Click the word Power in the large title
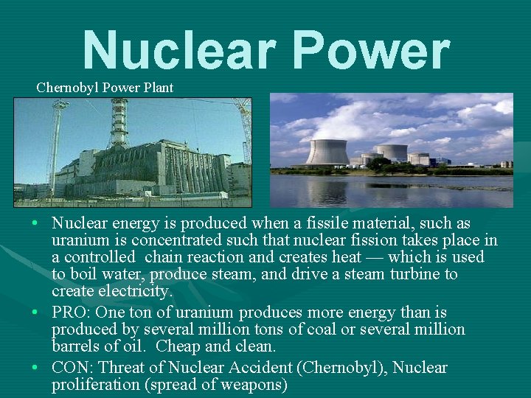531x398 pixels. click(x=370, y=52)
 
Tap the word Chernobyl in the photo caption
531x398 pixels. click(x=68, y=88)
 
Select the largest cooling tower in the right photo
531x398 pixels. click(x=327, y=152)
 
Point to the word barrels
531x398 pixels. click(x=77, y=346)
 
